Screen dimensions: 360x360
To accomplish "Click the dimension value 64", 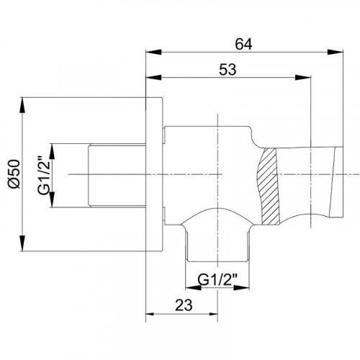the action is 243,45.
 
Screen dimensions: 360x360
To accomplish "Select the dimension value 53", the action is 228,70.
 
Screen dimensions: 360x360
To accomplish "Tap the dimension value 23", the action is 184,305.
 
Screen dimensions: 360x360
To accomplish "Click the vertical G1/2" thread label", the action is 44,175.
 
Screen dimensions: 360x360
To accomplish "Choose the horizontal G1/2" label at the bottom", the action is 217,279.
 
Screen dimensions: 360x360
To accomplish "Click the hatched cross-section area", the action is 269,186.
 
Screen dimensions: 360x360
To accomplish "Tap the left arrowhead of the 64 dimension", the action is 153,52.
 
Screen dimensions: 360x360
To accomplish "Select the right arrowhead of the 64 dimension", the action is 336,52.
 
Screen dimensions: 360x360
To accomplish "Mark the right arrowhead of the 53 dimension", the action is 303,77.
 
